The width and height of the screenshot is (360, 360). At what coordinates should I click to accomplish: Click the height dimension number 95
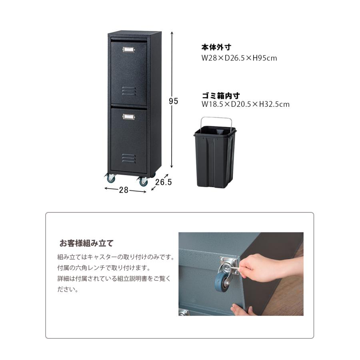[x=173, y=101]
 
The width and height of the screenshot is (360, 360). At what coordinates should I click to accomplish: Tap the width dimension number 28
[x=124, y=190]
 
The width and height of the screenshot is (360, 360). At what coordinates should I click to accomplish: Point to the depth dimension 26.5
[x=163, y=182]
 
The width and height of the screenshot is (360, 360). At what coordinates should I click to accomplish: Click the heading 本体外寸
[x=216, y=48]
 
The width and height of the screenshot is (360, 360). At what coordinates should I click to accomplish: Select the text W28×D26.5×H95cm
[x=239, y=58]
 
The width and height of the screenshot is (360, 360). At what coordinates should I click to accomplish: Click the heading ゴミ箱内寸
[x=221, y=96]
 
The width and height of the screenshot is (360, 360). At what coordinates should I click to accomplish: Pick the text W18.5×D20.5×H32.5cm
[x=246, y=104]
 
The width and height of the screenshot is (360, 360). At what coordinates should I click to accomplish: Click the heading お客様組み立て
[x=86, y=243]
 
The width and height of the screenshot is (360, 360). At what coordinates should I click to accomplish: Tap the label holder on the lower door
[x=129, y=117]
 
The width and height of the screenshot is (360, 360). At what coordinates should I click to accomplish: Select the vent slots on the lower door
[x=129, y=158]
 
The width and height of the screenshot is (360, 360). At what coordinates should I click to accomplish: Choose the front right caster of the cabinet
[x=143, y=181]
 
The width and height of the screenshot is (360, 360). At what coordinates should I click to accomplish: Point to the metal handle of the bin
[x=216, y=120]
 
